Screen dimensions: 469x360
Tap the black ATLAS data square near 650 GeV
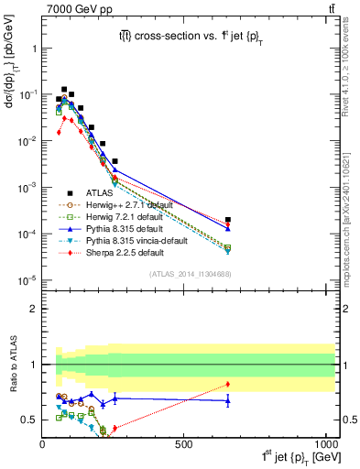[228, 220]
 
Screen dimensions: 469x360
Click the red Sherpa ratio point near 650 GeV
[228, 384]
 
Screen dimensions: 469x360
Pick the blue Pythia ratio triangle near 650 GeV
[228, 400]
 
